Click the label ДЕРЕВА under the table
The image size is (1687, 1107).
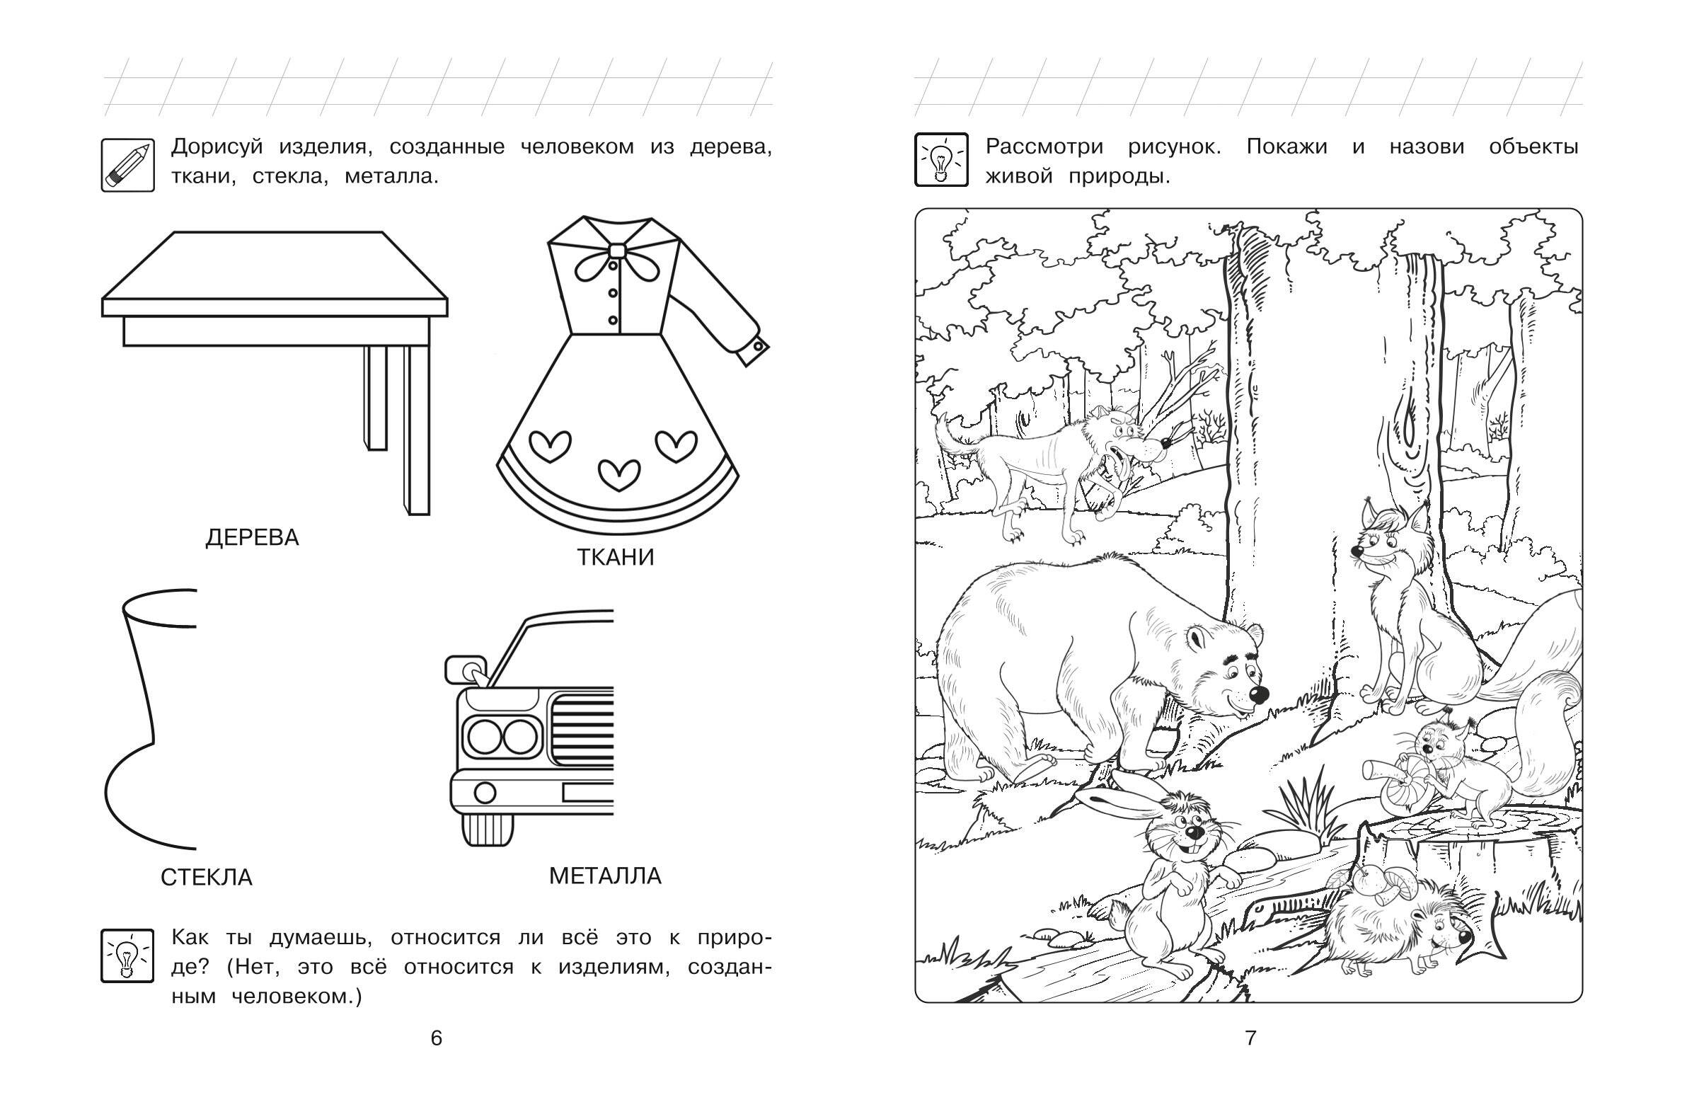(253, 537)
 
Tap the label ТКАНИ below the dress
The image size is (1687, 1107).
(615, 558)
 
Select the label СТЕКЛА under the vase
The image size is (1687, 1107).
(206, 877)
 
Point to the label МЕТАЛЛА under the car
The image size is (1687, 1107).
(605, 876)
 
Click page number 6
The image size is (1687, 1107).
(437, 1038)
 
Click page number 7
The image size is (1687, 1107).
(1251, 1038)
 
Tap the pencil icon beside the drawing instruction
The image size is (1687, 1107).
(127, 164)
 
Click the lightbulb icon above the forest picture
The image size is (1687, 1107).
(941, 159)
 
